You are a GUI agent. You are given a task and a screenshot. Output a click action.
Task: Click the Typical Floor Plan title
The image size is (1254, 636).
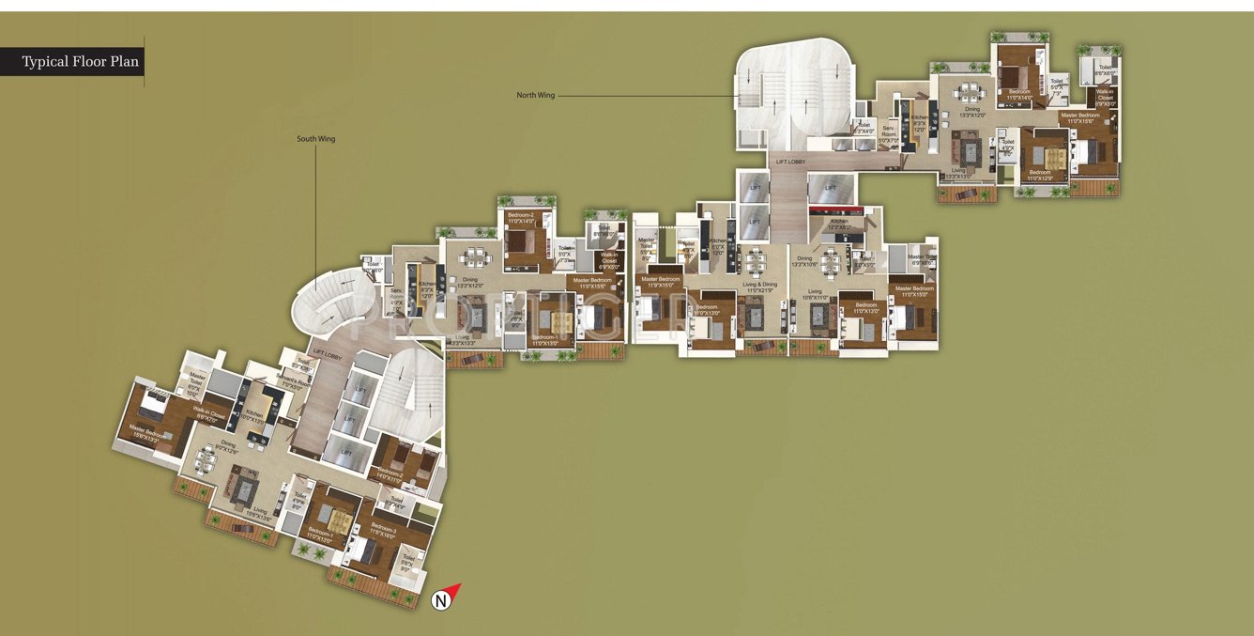(x=81, y=63)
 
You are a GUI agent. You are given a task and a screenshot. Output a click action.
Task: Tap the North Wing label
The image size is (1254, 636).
(x=535, y=95)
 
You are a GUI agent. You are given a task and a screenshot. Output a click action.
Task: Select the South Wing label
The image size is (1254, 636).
(x=315, y=139)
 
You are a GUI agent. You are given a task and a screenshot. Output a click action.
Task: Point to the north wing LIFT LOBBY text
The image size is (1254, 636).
(x=790, y=162)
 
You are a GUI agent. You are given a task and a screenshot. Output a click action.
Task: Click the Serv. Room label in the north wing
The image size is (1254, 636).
(x=888, y=137)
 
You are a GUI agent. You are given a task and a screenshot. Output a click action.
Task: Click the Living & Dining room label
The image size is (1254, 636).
(x=759, y=286)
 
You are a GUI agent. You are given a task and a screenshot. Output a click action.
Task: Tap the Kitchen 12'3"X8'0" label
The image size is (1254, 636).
(x=839, y=225)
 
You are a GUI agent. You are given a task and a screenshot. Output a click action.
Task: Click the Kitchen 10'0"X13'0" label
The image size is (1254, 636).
(x=254, y=416)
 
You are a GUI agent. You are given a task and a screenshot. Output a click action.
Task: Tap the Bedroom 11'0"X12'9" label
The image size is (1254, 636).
(x=1040, y=175)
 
